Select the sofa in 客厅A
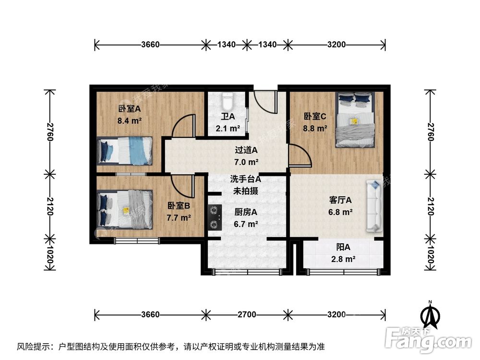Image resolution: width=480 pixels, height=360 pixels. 374,206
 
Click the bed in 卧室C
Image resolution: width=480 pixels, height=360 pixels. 355,120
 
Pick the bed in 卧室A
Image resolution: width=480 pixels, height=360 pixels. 124,150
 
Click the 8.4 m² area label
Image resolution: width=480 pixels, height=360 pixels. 129,120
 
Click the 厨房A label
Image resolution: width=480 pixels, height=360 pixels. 246,212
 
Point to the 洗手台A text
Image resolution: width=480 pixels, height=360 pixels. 245,180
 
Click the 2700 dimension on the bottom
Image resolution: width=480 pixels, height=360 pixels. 246,315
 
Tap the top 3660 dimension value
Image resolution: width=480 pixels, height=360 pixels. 150,45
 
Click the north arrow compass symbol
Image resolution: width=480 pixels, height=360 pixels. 431,314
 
